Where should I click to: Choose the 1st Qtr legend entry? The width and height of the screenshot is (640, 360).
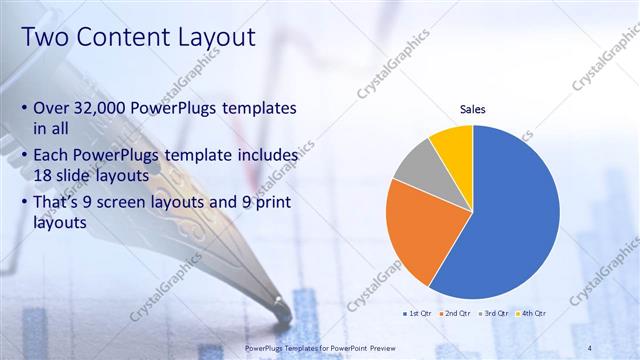pos(418,314)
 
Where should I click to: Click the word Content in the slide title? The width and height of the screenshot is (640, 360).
pos(122,37)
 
